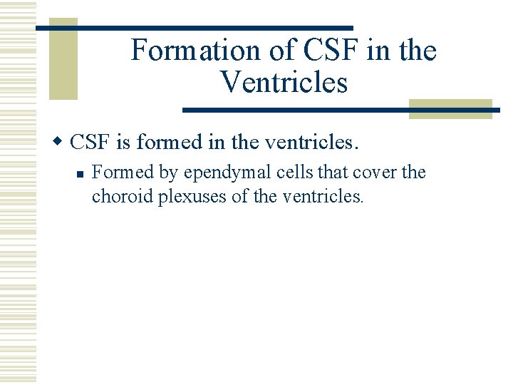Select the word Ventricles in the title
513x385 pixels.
click(x=284, y=83)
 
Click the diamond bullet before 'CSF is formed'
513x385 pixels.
click(x=61, y=143)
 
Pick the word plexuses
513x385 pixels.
click(x=192, y=197)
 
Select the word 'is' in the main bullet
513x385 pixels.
click(x=124, y=143)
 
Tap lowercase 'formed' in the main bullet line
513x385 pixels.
click(x=169, y=143)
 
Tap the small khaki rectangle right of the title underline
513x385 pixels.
click(x=450, y=108)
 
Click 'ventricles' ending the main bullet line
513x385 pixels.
click(x=309, y=143)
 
